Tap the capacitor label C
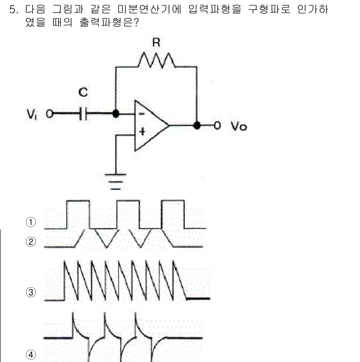83,92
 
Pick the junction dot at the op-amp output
197,126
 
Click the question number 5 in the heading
13,10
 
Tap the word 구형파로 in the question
266,10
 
